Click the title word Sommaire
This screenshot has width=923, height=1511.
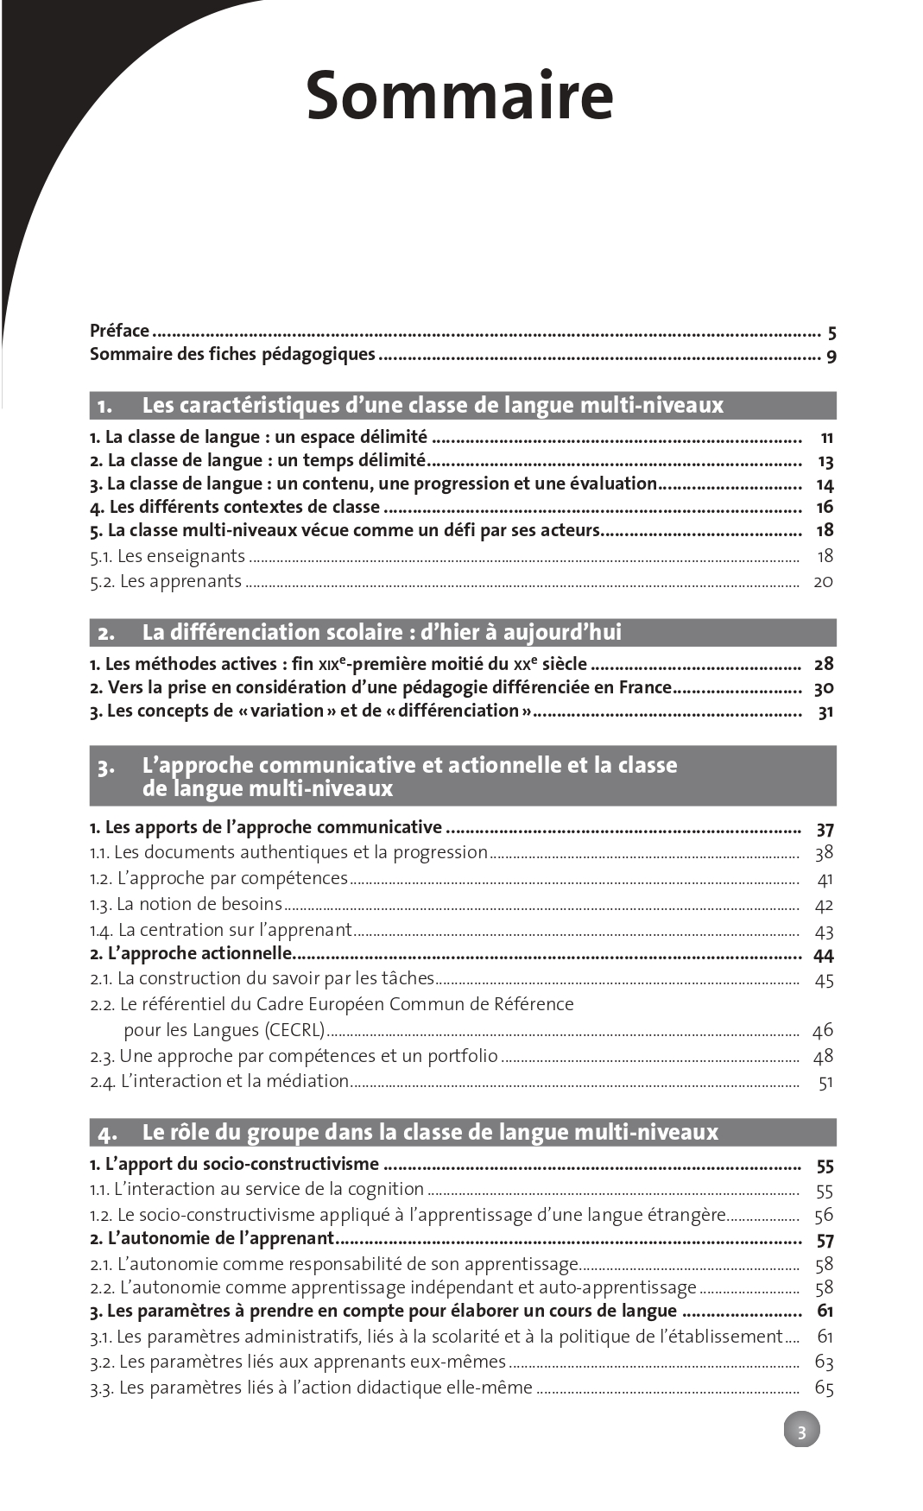459,96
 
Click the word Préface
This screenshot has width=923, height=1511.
119,331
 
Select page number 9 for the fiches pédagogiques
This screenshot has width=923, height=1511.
831,356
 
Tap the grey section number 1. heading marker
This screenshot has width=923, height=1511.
104,406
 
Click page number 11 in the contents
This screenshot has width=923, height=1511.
826,438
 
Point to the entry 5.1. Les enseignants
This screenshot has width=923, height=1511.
168,556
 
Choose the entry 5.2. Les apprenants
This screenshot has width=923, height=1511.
166,581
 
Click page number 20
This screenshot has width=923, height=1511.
823,581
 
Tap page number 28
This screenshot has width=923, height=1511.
824,664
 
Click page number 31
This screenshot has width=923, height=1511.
825,712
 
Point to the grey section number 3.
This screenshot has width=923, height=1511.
105,767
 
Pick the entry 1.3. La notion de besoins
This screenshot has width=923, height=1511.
186,904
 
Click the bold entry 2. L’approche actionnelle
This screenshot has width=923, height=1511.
191,954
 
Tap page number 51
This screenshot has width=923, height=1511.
825,1082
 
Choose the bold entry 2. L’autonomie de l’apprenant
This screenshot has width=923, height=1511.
212,1239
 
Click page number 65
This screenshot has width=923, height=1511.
824,1388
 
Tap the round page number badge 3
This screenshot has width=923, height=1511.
801,1432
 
